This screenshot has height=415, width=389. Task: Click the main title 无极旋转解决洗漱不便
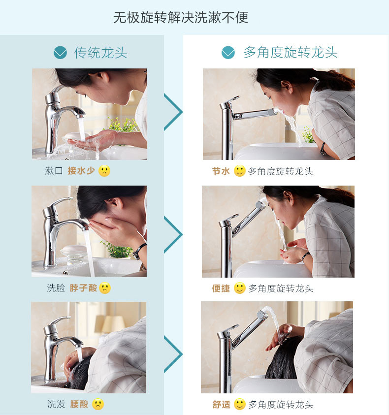tap(181, 17)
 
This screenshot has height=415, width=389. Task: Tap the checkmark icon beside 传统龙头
tap(60, 52)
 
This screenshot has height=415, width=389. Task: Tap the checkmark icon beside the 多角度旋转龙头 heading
tap(228, 52)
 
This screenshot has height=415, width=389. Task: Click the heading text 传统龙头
tap(100, 52)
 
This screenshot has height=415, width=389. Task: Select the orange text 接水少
tap(81, 171)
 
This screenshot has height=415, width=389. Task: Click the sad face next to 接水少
tap(104, 171)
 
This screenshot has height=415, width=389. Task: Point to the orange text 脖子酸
tap(83, 288)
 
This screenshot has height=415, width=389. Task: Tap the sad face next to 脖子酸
tap(105, 288)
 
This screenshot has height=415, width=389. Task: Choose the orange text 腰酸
tap(79, 404)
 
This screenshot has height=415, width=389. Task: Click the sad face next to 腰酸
tap(98, 404)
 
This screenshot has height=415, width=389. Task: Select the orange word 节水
tap(221, 171)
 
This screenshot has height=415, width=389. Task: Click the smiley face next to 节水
tap(240, 171)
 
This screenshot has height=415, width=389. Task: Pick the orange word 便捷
tap(221, 288)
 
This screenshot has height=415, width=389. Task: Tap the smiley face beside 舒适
tap(240, 404)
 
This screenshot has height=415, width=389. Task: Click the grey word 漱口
tap(54, 171)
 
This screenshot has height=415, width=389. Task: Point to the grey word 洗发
tap(56, 404)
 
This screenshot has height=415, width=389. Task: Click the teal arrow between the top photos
tap(173, 112)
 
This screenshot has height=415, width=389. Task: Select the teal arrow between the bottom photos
tap(173, 354)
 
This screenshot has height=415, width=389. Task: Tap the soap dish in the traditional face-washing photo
tap(73, 255)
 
